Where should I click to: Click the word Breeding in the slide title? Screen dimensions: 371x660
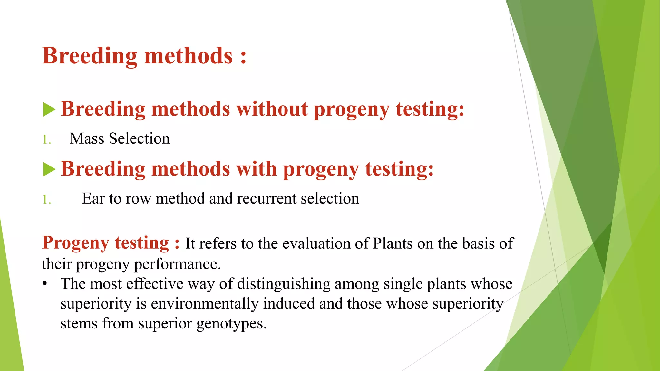point(90,56)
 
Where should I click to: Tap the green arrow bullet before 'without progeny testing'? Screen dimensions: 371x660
point(49,109)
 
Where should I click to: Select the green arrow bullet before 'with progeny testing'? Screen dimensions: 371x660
point(49,169)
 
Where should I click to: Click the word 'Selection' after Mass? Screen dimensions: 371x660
point(139,138)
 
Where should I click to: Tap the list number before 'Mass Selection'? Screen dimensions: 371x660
point(47,140)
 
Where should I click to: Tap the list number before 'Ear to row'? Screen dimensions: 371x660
point(47,200)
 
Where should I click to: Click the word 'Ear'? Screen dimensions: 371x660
point(93,198)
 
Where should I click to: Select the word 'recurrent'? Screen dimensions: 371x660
point(266,198)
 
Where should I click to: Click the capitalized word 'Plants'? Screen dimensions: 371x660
point(393,243)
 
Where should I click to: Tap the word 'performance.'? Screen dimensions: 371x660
point(177,264)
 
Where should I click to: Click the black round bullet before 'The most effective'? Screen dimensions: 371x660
point(45,284)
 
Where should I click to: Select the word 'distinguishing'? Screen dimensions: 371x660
point(284,284)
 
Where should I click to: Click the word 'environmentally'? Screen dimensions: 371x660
point(204,304)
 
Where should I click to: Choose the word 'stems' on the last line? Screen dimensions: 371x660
point(79,323)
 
